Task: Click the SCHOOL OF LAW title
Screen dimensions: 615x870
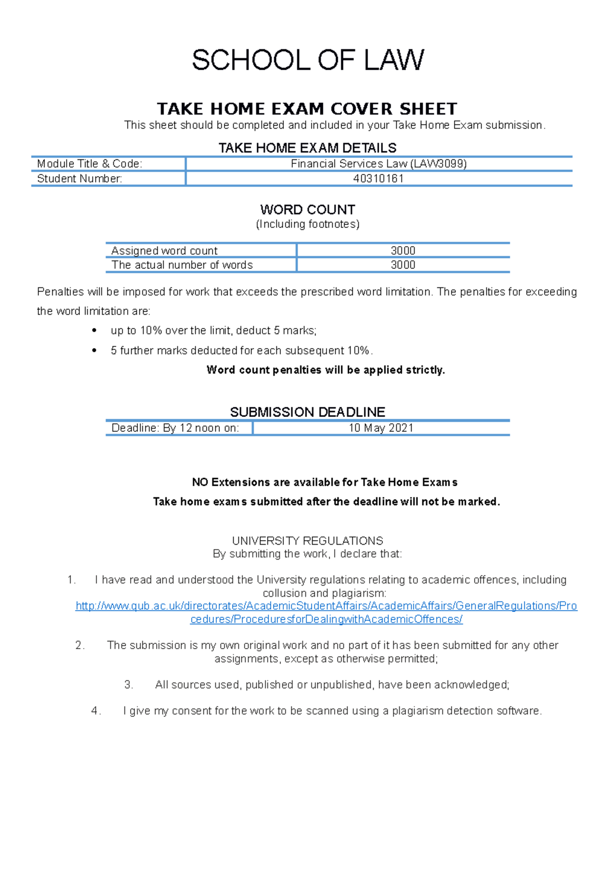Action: point(307,60)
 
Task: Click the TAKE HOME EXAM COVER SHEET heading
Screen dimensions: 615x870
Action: point(307,109)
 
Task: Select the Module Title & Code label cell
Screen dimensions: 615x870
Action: point(90,164)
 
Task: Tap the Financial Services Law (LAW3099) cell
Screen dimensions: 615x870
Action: point(379,164)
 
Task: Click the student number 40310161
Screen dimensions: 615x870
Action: point(378,179)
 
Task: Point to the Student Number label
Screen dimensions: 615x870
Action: point(79,179)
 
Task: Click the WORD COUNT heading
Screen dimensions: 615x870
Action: point(307,210)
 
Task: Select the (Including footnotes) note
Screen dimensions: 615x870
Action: point(307,224)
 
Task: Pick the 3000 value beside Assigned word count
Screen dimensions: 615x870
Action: point(403,251)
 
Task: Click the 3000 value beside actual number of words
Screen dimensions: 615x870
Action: point(403,265)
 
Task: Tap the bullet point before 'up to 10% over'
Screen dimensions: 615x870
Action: point(94,331)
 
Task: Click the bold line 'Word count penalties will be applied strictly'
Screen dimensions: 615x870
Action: point(325,370)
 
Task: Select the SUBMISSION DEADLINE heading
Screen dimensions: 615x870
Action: point(307,412)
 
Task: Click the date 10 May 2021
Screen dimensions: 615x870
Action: point(381,428)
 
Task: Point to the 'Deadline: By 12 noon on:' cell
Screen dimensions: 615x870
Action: point(175,428)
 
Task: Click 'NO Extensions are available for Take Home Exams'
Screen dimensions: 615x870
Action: point(324,482)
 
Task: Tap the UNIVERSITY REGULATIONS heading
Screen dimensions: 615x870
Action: point(307,541)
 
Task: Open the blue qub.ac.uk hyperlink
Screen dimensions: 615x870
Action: point(326,606)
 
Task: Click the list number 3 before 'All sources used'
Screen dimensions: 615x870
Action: point(129,685)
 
